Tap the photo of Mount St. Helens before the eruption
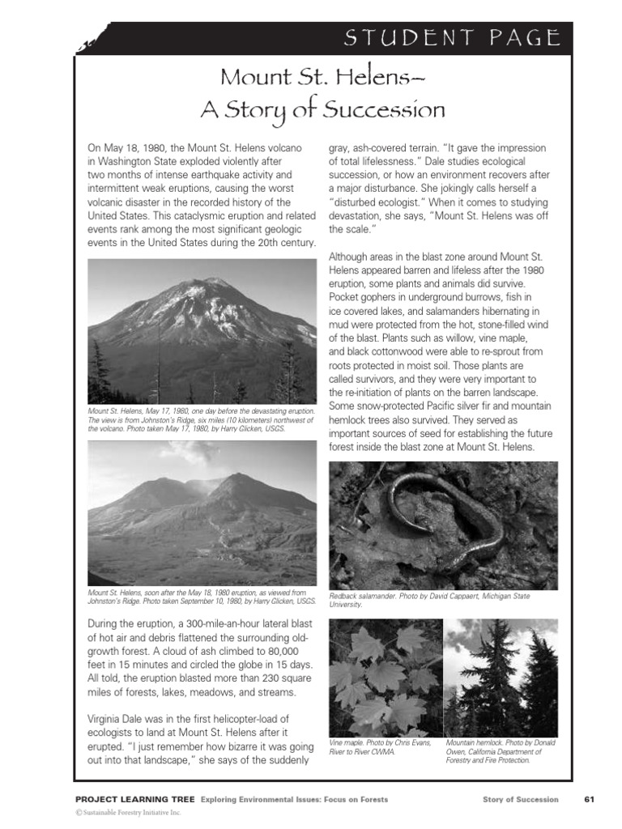[202, 331]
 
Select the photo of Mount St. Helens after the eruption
[202, 513]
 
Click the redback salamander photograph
[443, 525]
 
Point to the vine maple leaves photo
[386, 677]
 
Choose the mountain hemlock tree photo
[501, 677]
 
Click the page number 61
[589, 800]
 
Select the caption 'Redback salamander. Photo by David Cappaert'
[429, 597]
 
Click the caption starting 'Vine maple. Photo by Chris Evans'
[381, 746]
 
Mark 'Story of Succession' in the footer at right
[520, 800]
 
